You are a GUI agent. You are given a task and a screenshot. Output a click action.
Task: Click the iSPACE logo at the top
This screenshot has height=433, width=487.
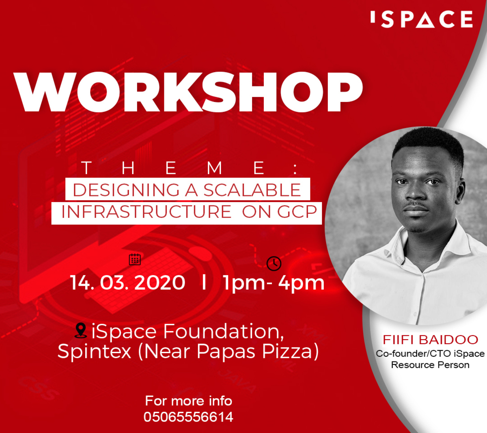[x=422, y=19]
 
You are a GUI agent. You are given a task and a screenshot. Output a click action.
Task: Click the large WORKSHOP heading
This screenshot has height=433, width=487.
[x=188, y=92]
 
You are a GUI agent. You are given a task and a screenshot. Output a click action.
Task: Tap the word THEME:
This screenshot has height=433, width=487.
[x=189, y=168]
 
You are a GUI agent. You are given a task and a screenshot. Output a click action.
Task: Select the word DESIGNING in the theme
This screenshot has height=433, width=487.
[x=126, y=190]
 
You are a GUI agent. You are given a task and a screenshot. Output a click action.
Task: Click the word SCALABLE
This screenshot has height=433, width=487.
[x=252, y=190]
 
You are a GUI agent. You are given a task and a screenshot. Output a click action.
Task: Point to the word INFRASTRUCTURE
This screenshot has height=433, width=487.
[x=147, y=212]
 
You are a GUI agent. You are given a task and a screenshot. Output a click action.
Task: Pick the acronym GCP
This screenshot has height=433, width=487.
[x=297, y=212]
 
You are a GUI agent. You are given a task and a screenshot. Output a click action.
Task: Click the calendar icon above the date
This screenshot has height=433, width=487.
[x=135, y=259]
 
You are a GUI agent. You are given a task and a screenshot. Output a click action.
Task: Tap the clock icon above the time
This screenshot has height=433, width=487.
[x=274, y=263]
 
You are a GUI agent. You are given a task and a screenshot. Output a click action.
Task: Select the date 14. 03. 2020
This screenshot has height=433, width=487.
[x=128, y=282]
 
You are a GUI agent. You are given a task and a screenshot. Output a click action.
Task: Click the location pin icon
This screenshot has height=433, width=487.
[x=81, y=331]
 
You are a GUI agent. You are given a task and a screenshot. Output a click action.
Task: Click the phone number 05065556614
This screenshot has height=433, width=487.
[x=188, y=417]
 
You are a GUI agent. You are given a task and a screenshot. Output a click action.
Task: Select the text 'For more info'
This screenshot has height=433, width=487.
[x=189, y=401]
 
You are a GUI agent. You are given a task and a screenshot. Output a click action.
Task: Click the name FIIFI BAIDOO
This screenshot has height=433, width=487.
[x=430, y=340]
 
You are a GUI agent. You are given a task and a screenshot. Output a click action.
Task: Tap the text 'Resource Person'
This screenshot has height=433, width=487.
[x=430, y=365]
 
